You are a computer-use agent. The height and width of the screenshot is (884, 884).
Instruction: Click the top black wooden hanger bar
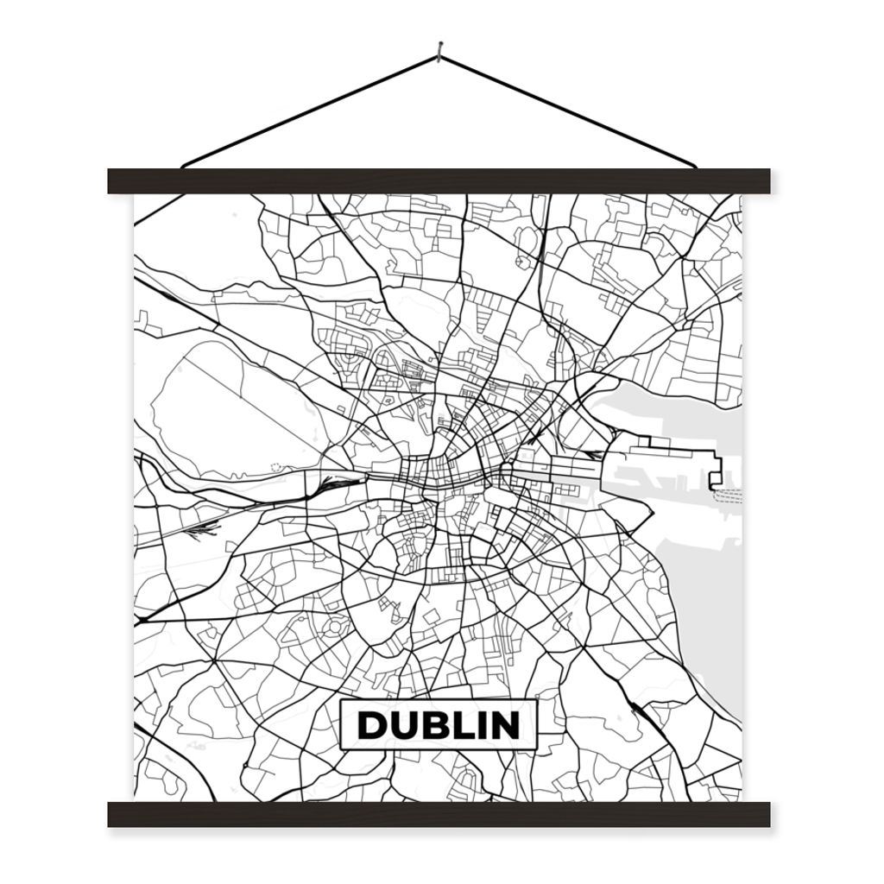439,180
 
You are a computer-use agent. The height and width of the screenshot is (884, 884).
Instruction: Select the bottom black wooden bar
439,814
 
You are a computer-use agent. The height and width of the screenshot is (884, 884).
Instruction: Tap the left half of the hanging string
311,111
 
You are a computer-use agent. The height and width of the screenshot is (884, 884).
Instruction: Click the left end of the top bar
114,180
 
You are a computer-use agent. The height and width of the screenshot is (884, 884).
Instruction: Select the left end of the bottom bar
114,814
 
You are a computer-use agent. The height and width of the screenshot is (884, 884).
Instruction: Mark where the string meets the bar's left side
185,165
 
